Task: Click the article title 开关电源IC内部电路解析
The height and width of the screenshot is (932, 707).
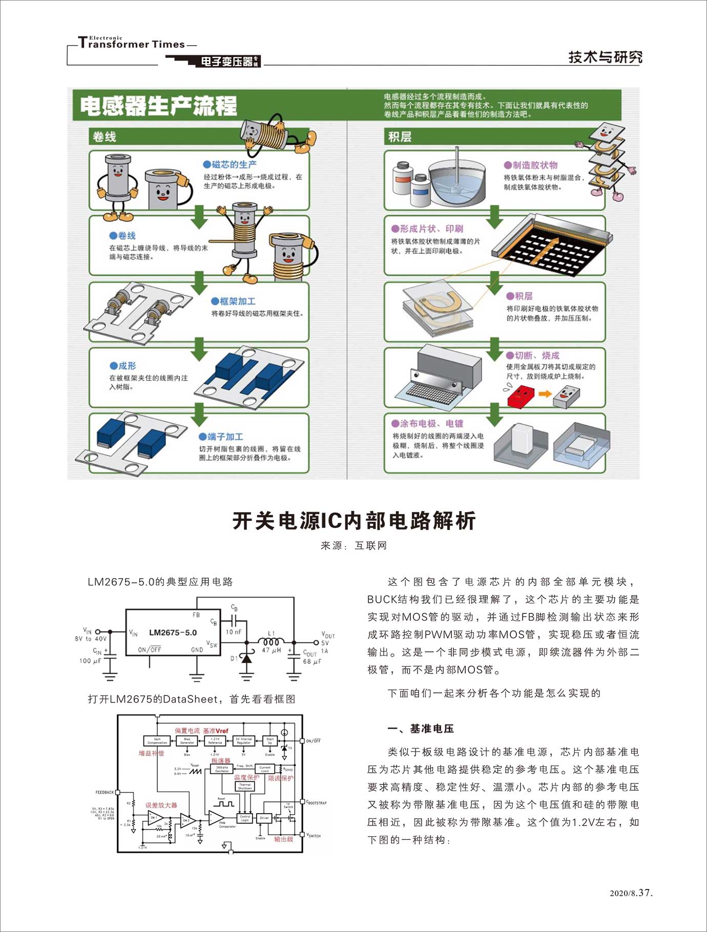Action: (354, 521)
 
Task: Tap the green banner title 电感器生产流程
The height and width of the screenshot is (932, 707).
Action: (158, 106)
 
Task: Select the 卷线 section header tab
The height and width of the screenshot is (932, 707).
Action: (105, 137)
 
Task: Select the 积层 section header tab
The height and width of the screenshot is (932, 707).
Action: (400, 137)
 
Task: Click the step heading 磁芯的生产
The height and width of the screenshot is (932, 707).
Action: (231, 164)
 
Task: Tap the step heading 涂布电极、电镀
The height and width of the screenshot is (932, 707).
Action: (427, 423)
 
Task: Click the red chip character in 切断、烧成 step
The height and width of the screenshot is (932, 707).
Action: (521, 396)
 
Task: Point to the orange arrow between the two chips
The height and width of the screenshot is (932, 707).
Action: (545, 394)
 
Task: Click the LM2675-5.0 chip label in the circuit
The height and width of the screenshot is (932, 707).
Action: (173, 632)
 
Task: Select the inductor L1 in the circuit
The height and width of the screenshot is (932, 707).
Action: (271, 642)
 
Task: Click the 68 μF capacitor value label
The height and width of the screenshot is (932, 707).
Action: (311, 661)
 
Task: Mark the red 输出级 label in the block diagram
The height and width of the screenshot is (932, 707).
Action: (283, 839)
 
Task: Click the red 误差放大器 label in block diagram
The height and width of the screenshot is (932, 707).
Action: (161, 805)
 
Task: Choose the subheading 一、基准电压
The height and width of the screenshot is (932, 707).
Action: (421, 729)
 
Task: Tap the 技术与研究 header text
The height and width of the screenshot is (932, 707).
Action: (605, 57)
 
